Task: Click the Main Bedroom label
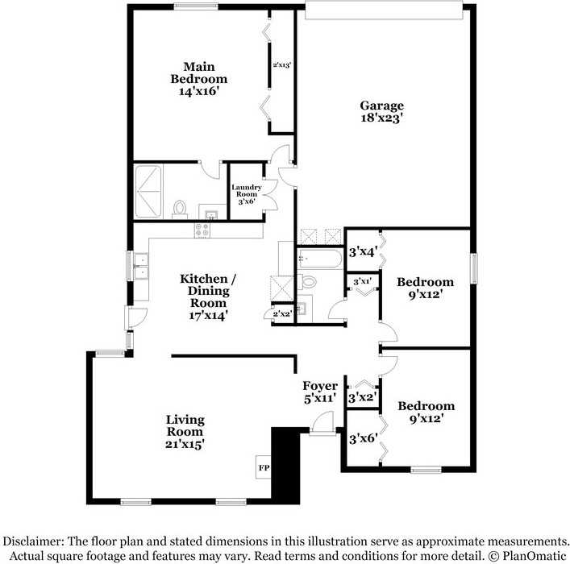pyautogui.click(x=198, y=79)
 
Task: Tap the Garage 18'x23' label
pyautogui.click(x=381, y=111)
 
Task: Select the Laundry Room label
pyautogui.click(x=246, y=194)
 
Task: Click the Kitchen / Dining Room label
pyautogui.click(x=208, y=297)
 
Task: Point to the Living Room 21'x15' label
pyautogui.click(x=185, y=431)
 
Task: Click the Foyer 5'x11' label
pyautogui.click(x=319, y=392)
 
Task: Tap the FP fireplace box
pyautogui.click(x=263, y=467)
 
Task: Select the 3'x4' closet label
pyautogui.click(x=363, y=251)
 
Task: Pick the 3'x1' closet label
pyautogui.click(x=362, y=281)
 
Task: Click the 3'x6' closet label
pyautogui.click(x=363, y=439)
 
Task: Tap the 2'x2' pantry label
pyautogui.click(x=281, y=313)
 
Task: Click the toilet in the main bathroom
pyautogui.click(x=179, y=209)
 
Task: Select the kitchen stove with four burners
pyautogui.click(x=202, y=230)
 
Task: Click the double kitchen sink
pyautogui.click(x=140, y=266)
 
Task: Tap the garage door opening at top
pyautogui.click(x=384, y=10)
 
